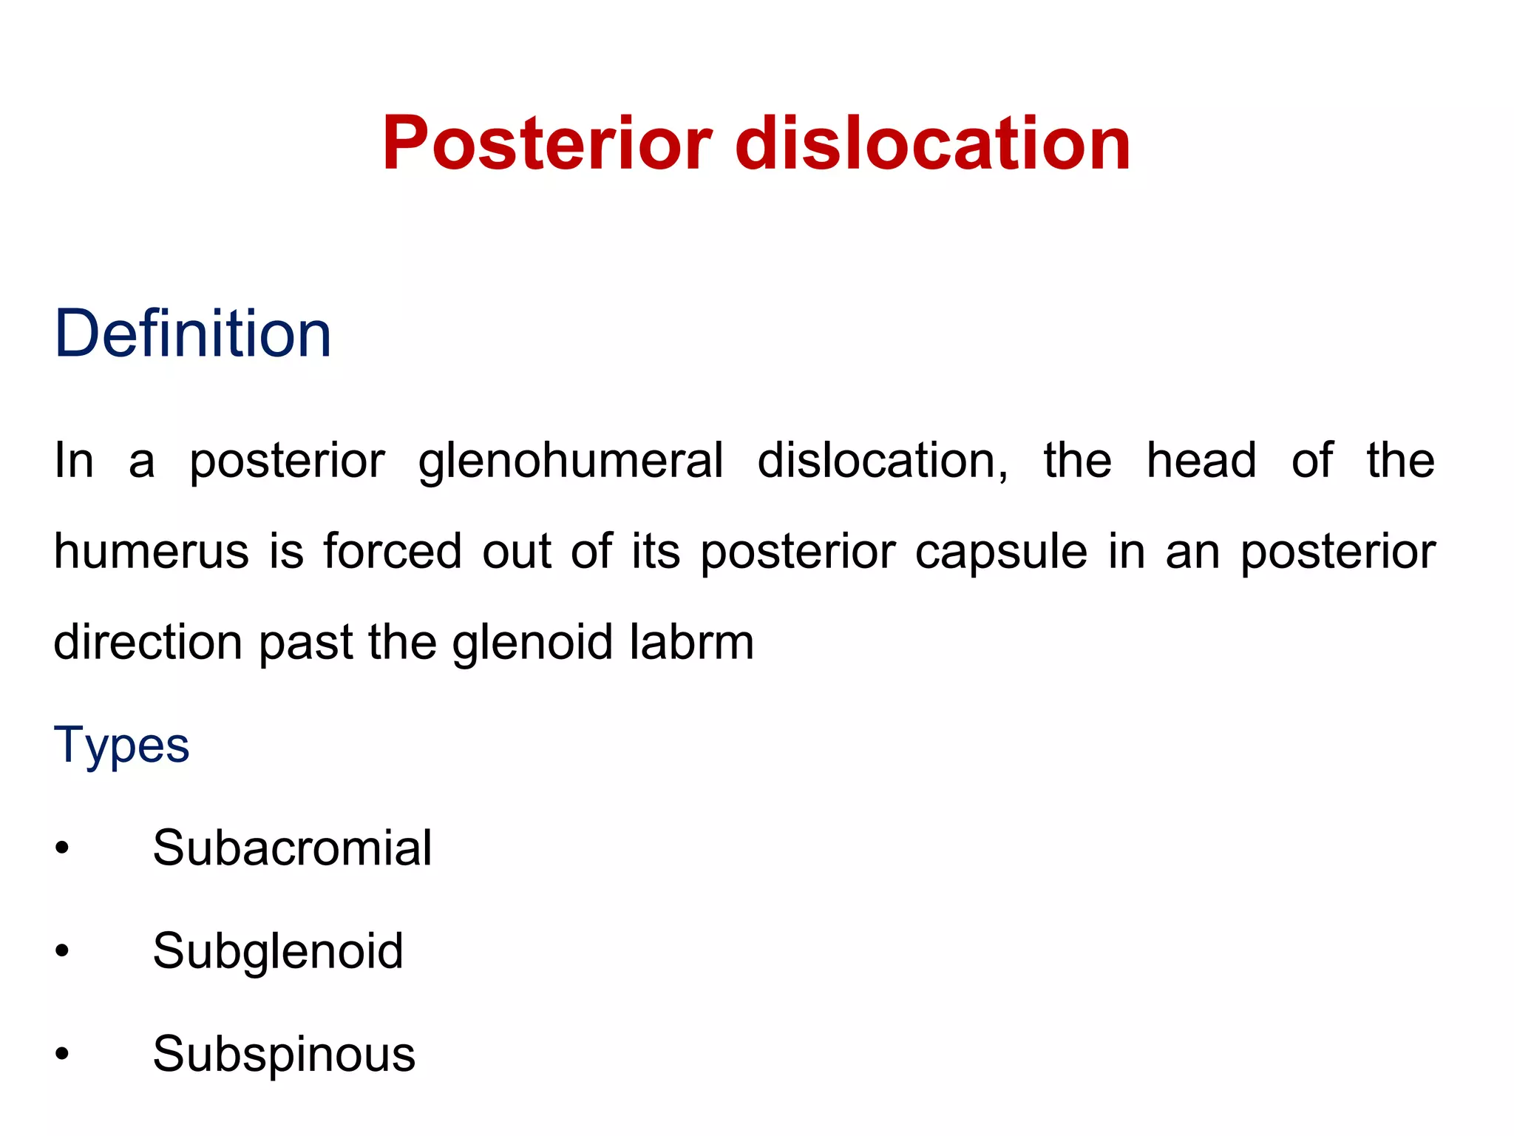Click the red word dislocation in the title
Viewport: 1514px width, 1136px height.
pos(933,143)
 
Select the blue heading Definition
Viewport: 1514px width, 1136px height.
pos(193,334)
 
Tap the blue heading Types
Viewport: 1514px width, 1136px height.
pos(121,745)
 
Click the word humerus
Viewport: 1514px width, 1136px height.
pos(152,552)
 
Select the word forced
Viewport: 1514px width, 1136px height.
pos(393,552)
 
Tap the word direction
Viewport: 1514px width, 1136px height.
pos(148,642)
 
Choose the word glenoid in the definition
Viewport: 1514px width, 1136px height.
pos(532,642)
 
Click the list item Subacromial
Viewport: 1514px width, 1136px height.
pos(292,848)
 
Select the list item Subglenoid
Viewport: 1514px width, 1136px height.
pos(278,951)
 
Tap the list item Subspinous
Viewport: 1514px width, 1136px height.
pos(284,1054)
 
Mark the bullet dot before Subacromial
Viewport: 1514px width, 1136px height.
pos(62,848)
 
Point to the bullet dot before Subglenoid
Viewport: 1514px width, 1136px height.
pos(62,951)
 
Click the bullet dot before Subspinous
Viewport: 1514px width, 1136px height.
pos(62,1055)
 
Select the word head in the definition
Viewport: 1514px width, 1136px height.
pos(1201,461)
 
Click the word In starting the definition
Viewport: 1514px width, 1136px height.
pos(74,461)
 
